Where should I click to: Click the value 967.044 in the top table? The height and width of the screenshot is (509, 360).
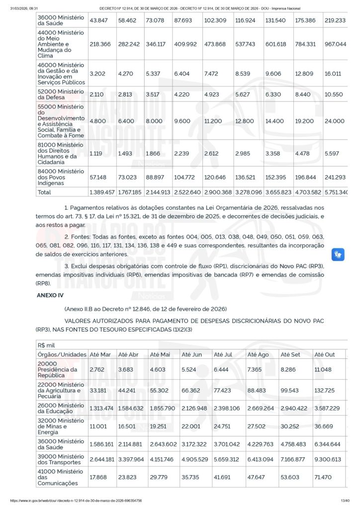[335, 44]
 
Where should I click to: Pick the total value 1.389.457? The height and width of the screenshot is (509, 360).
[102, 192]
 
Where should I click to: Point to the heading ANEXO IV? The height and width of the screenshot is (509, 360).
[50, 295]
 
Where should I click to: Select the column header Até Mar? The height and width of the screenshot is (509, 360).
[100, 354]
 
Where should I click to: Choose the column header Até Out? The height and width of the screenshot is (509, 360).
[325, 354]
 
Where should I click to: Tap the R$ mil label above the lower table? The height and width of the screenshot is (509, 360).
[47, 345]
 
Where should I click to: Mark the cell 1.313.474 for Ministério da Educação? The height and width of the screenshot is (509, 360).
[102, 408]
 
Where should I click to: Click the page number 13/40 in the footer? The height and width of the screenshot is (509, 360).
[345, 501]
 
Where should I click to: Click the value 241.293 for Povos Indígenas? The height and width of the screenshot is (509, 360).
[335, 177]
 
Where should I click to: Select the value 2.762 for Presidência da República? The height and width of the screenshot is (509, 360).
[97, 369]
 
